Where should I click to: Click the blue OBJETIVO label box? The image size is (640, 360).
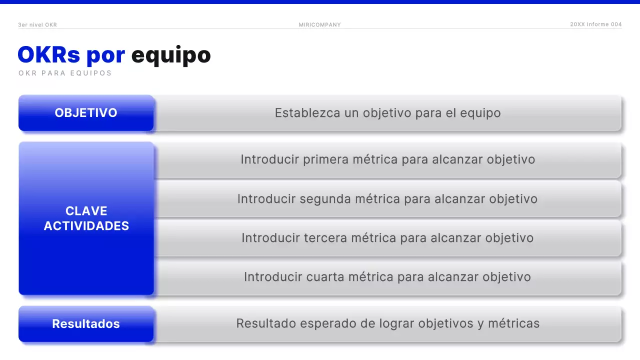(86, 113)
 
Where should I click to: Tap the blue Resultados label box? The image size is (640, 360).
(86, 324)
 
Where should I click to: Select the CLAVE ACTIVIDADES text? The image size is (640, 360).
(86, 218)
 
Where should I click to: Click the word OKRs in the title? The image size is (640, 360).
(49, 55)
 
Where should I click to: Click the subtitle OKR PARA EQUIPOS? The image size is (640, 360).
(65, 73)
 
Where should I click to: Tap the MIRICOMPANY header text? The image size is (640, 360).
(320, 25)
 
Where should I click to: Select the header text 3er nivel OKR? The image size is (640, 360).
(37, 24)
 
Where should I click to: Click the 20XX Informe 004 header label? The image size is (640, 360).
(596, 24)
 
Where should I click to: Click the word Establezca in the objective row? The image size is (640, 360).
(307, 113)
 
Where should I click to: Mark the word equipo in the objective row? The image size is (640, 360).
(480, 113)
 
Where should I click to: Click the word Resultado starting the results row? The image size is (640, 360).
(266, 323)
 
